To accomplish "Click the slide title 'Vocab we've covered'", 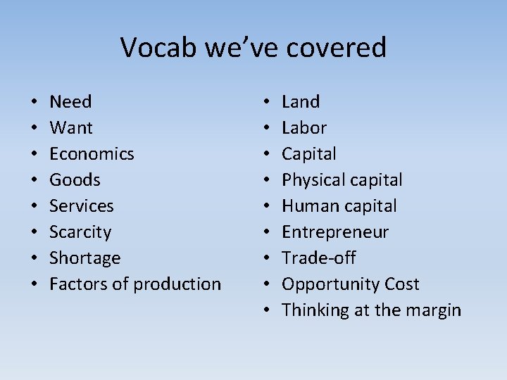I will (254, 48).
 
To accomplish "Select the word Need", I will (70, 102).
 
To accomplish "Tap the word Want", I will (70, 128).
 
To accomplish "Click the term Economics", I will (92, 154).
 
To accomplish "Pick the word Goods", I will (75, 180).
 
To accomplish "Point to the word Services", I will (81, 206).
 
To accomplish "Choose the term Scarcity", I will (80, 232).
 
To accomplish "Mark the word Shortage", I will (84, 258).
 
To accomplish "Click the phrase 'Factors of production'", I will (135, 284).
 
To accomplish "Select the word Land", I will (301, 102).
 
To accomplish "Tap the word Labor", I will (304, 128).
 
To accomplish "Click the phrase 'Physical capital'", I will (342, 180).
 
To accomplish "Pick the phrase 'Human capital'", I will (339, 206).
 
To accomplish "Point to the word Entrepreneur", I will (335, 232).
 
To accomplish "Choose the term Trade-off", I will (319, 258).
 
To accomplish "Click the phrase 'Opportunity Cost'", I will (350, 284).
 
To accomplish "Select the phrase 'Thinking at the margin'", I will (371, 310).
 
